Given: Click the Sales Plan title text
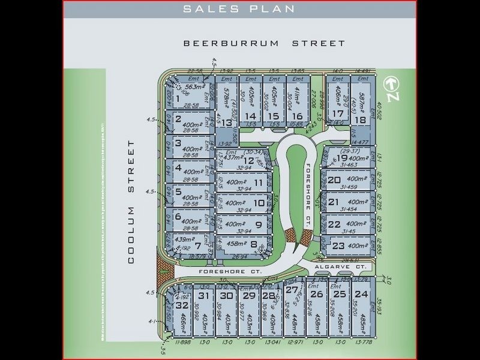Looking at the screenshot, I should (239, 8).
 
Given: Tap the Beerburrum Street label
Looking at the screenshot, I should (265, 43).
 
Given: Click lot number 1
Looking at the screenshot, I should (178, 98).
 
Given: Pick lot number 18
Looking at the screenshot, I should (360, 119).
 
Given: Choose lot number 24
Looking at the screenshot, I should (361, 294).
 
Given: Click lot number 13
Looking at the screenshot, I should (226, 122).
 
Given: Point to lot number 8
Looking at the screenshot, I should (254, 245).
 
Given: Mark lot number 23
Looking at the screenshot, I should (338, 245).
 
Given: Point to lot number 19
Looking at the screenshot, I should (342, 158).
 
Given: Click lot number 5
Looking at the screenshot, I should (178, 193).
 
